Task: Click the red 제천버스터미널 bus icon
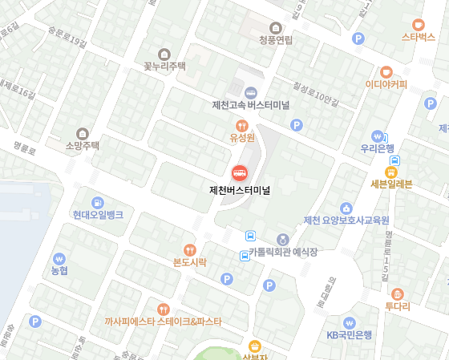pos(239,172)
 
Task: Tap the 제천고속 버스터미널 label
pos(250,105)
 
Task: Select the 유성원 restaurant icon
pos(241,125)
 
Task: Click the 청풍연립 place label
pos(276,39)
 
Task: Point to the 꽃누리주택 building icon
pos(164,53)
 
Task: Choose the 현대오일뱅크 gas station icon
pos(98,202)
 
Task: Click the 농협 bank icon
pos(59,259)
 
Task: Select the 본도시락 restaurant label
pos(189,262)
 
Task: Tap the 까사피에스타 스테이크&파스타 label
pos(163,322)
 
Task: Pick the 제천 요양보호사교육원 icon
pos(346,208)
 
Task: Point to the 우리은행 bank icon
pos(377,136)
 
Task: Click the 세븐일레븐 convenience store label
pos(391,184)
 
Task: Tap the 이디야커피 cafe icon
pos(386,71)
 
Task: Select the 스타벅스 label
pos(418,37)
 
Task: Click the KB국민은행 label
pos(349,334)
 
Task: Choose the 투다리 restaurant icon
pos(397,293)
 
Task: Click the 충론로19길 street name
pos(67,37)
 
